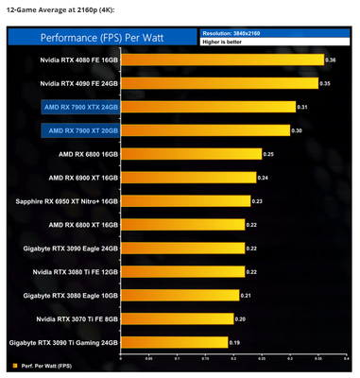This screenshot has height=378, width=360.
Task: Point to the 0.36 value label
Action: (x=331, y=60)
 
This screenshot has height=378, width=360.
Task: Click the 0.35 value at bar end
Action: (x=325, y=83)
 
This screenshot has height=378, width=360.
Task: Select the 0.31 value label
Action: (x=303, y=107)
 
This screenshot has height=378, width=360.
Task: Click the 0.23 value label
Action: (x=257, y=200)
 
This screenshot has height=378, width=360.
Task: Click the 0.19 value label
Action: (x=234, y=341)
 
